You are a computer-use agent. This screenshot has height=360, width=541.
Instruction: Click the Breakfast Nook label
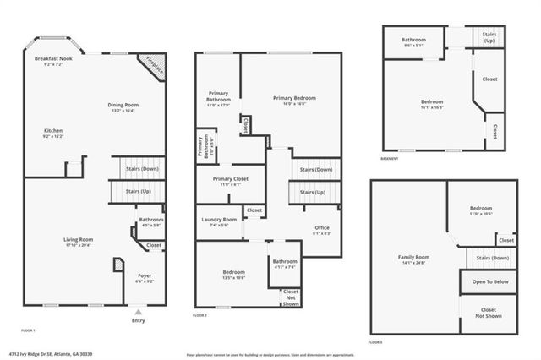click(52, 59)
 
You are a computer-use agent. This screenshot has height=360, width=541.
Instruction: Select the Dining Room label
click(124, 105)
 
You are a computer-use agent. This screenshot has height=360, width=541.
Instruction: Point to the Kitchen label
click(54, 131)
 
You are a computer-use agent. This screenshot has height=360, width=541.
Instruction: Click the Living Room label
click(79, 239)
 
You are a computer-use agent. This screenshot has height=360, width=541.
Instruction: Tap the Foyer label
click(145, 275)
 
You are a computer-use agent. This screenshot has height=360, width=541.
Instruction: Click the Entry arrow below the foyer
click(139, 312)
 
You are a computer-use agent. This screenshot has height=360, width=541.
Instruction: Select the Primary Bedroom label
click(289, 98)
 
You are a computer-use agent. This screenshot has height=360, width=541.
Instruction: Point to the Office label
click(321, 227)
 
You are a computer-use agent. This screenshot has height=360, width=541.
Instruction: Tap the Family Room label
click(414, 256)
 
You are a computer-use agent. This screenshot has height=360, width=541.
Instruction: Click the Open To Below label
click(488, 281)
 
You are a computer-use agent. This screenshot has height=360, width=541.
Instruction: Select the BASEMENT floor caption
click(391, 157)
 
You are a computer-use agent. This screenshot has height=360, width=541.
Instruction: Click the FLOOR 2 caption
click(199, 314)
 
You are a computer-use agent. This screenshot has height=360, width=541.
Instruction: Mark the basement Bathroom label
click(413, 39)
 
